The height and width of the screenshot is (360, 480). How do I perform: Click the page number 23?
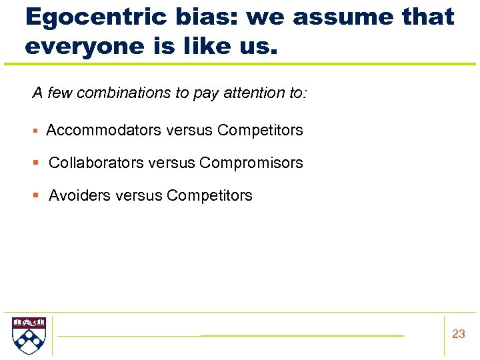coord(458,334)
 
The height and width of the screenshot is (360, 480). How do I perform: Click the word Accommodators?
coord(103,130)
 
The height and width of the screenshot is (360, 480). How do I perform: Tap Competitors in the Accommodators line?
coord(260,130)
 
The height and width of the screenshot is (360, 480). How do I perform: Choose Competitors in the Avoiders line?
coord(209,195)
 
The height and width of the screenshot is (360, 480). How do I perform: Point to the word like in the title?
coord(208,46)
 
